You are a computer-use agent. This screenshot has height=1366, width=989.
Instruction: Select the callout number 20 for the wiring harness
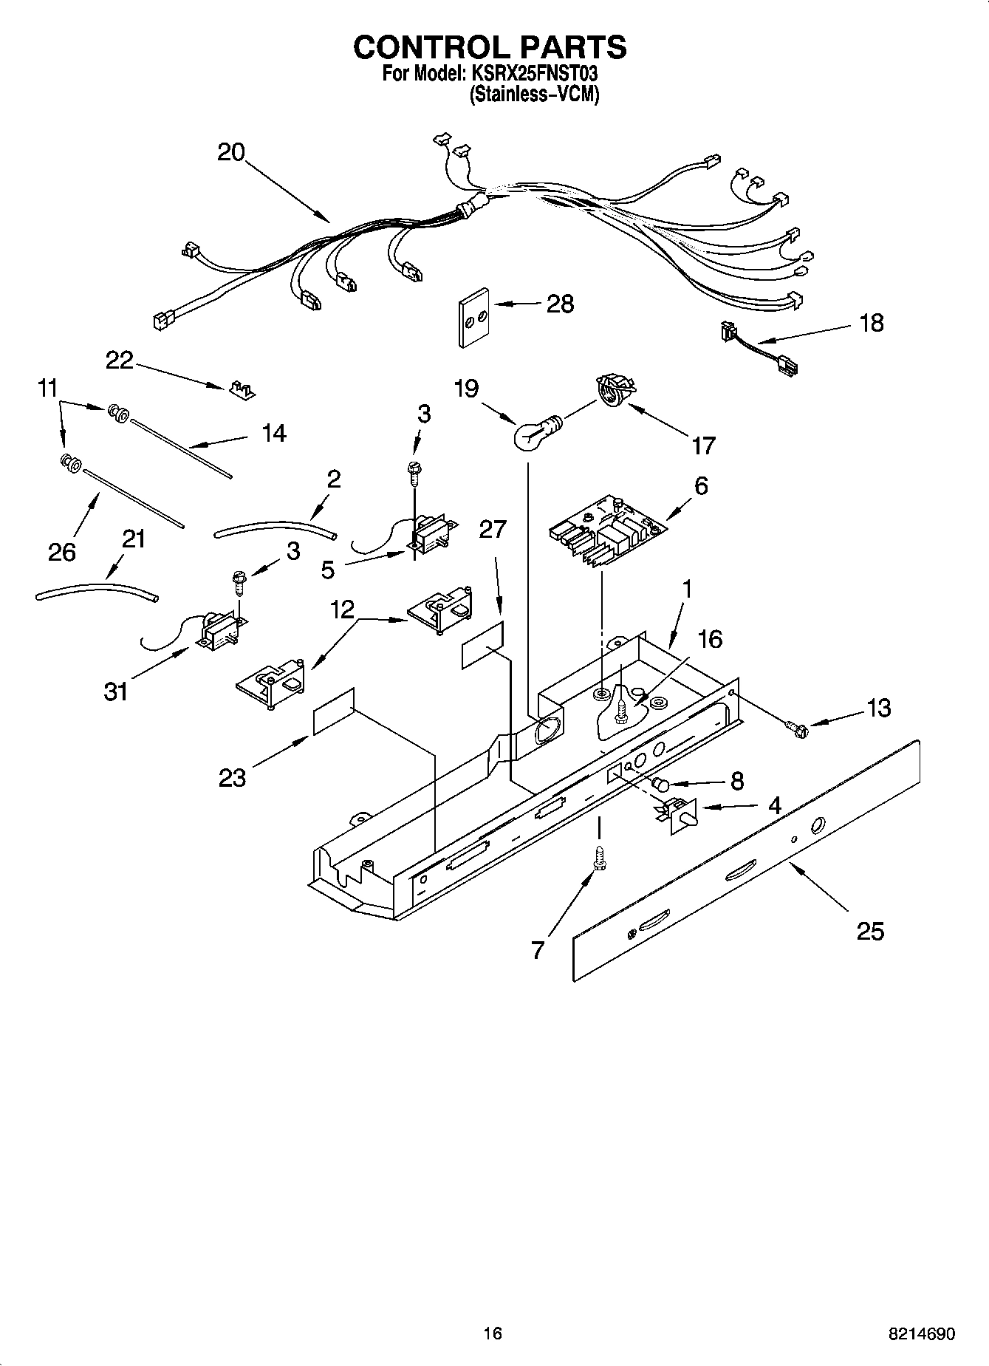click(230, 152)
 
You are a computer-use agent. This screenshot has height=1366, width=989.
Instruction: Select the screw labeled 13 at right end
click(798, 728)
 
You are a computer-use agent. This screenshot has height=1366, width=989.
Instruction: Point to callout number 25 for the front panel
click(870, 932)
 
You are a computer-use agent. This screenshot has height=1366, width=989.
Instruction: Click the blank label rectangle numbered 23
click(334, 711)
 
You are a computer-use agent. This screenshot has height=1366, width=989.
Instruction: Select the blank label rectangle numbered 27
click(483, 645)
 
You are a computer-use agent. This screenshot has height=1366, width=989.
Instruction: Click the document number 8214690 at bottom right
click(921, 1333)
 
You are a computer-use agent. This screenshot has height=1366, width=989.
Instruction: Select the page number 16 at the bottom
click(492, 1333)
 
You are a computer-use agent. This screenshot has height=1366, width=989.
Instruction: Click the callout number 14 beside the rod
click(273, 433)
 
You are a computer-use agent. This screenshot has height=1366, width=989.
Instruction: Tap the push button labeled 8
click(661, 784)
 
